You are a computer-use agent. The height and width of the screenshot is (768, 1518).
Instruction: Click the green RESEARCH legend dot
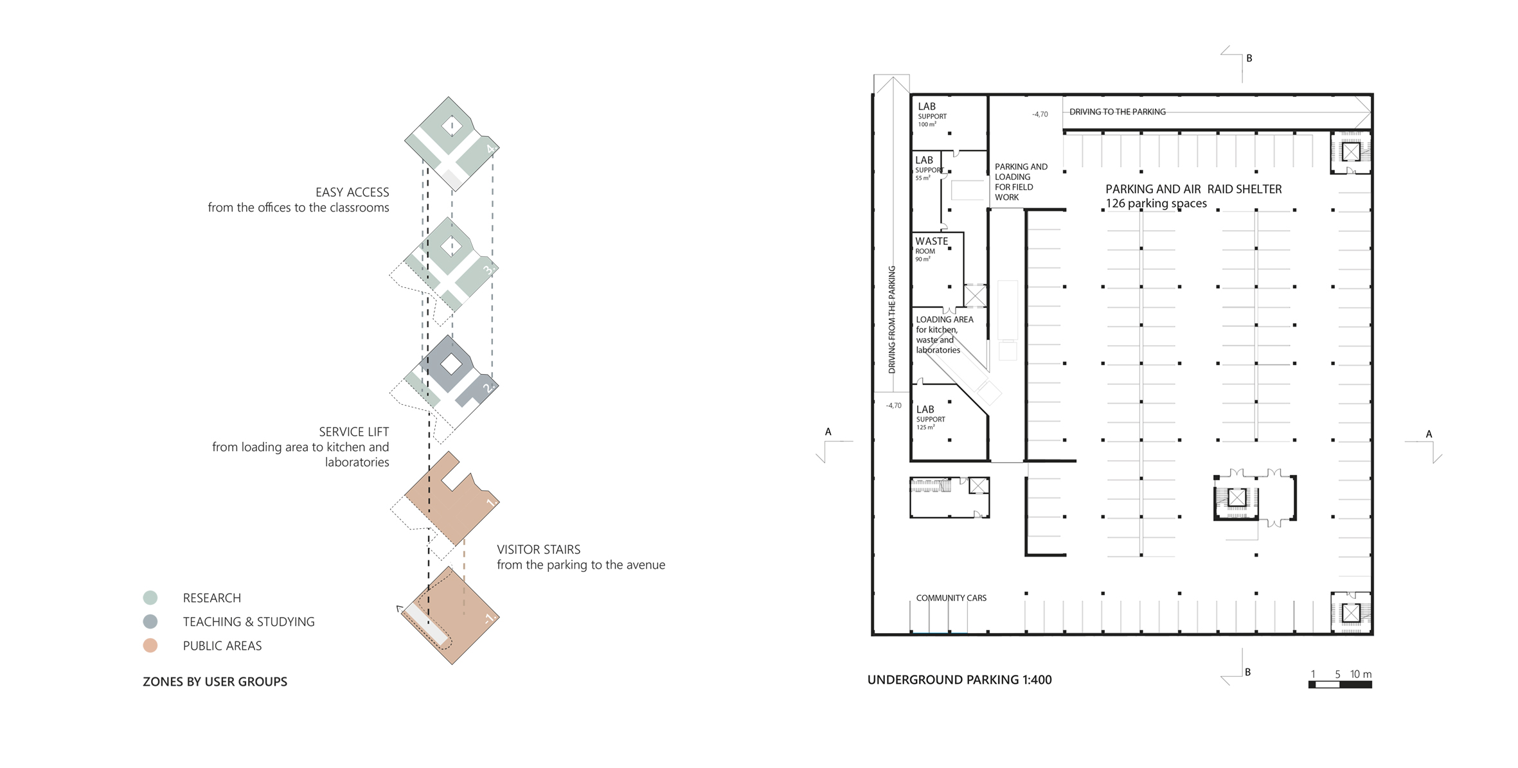point(150,598)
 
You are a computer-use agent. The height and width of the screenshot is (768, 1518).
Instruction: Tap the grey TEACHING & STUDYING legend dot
point(150,621)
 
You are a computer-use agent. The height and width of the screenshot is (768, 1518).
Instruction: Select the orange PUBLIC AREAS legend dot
point(150,645)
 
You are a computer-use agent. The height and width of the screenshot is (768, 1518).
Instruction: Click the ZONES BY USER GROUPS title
point(215,681)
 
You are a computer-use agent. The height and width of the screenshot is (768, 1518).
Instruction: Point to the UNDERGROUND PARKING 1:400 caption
point(960,680)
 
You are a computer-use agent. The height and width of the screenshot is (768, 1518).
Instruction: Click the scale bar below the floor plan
point(1340,684)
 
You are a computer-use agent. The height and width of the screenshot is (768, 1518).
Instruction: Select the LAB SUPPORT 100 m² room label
point(932,114)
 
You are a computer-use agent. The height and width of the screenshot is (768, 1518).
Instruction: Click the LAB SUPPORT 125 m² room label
point(931,417)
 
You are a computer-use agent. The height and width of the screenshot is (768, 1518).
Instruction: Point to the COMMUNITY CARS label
point(951,598)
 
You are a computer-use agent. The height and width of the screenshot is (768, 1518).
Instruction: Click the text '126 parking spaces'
point(1156,204)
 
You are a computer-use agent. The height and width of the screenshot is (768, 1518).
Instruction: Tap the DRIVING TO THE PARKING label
point(1118,112)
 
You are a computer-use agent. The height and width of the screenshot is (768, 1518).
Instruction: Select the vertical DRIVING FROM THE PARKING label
point(892,319)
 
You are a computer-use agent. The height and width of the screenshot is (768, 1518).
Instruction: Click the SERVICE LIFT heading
point(354,432)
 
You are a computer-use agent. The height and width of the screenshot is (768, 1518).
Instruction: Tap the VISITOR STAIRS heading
point(539,549)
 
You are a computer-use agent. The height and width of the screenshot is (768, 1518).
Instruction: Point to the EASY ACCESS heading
point(352,192)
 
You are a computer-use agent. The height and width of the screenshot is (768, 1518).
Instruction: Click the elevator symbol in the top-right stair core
point(1351,152)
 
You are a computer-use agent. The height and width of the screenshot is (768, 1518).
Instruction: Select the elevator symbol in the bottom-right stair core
point(1351,613)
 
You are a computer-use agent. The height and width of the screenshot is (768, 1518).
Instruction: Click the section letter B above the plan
point(1249,58)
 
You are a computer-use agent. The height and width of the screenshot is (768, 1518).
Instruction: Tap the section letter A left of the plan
point(828,432)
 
